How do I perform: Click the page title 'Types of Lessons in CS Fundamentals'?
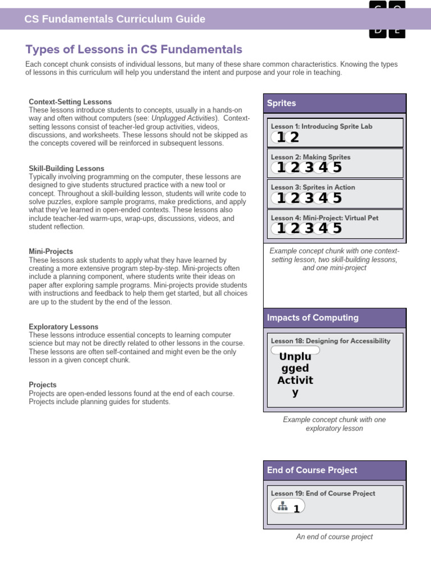(x=134, y=49)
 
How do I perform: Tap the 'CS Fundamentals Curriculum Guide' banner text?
(x=115, y=20)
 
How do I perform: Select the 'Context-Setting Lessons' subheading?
(x=70, y=102)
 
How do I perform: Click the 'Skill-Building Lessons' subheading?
(x=66, y=169)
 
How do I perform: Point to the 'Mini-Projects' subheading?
(x=51, y=252)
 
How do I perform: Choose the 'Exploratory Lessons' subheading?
(x=63, y=327)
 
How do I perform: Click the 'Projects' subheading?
(x=43, y=385)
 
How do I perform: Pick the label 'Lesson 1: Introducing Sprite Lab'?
(x=322, y=127)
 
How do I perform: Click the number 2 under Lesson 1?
(x=295, y=138)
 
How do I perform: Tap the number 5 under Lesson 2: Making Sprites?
(x=337, y=168)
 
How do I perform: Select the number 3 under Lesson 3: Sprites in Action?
(x=309, y=198)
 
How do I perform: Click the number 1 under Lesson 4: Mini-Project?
(x=281, y=228)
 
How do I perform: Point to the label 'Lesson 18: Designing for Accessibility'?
(x=331, y=341)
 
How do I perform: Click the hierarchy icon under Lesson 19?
(x=283, y=506)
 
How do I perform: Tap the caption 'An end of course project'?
(x=334, y=537)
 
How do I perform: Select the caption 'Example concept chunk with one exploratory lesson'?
(x=334, y=424)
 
